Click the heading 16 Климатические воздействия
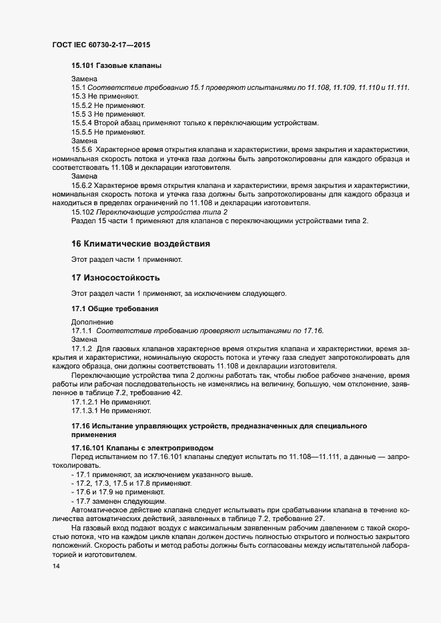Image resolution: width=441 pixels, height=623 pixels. click(x=141, y=244)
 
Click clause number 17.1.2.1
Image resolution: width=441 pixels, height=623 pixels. click(x=85, y=402)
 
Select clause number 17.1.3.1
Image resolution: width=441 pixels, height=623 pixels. click(x=85, y=411)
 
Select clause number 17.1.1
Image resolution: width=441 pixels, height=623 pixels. click(x=81, y=331)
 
